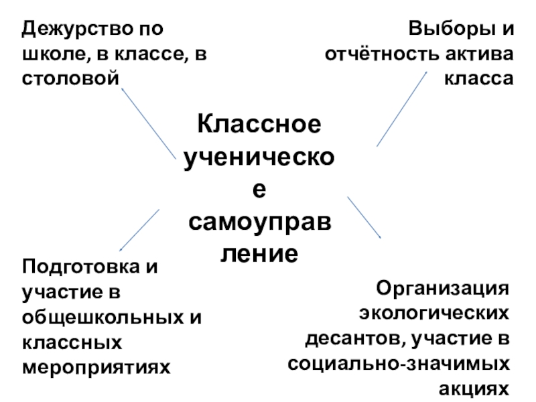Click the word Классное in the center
pos(257,125)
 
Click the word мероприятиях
pos(96,366)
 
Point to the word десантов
pos(354,338)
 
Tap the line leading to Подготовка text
pos(139,229)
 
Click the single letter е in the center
pos(257,190)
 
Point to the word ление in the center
pos(257,254)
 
